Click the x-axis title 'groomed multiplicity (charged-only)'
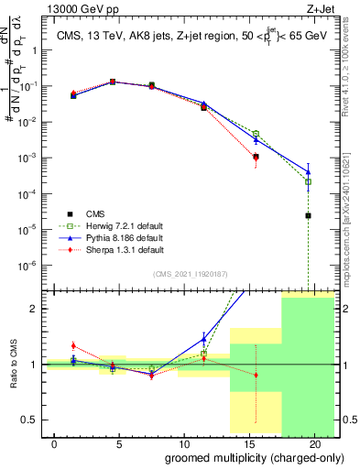(242, 457)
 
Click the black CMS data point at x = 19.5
(309, 216)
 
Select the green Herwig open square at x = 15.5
(256, 134)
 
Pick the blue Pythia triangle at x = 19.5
(309, 171)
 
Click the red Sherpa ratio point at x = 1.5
(74, 345)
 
